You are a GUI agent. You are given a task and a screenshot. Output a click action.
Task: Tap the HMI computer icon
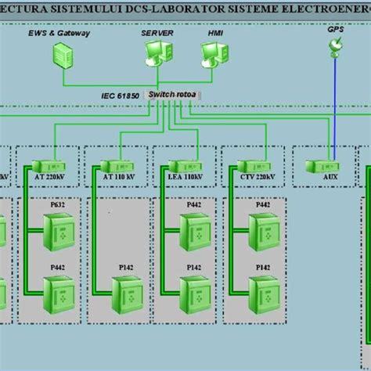coord(211,54)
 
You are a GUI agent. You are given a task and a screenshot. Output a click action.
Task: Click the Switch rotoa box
coord(174,95)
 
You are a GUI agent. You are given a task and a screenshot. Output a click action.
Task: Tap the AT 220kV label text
coord(49,178)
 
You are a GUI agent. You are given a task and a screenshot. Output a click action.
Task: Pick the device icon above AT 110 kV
coord(114,166)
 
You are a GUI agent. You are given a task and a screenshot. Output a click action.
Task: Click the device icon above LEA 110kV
coord(182,166)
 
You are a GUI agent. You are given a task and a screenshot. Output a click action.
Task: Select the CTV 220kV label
coord(256,178)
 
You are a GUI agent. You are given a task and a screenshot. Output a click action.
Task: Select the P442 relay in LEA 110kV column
coord(194,232)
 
